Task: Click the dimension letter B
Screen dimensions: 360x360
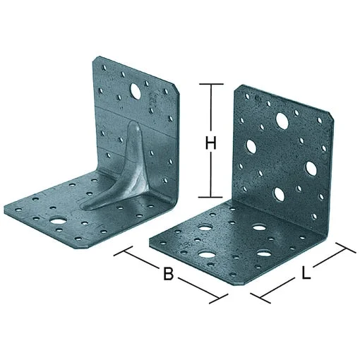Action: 169,273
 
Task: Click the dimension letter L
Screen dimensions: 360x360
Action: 306,272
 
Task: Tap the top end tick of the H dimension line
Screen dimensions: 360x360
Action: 211,84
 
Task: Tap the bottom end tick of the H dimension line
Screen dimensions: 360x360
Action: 211,197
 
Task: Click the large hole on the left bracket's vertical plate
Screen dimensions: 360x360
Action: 135,91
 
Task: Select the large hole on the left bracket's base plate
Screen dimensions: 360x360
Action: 58,221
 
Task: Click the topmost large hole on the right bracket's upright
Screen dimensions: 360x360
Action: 282,121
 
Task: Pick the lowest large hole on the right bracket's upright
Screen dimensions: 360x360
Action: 279,195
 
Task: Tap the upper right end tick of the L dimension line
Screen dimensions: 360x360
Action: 346,248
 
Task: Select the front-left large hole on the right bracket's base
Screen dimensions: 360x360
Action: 207,254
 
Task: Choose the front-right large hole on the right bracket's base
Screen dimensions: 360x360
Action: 263,253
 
